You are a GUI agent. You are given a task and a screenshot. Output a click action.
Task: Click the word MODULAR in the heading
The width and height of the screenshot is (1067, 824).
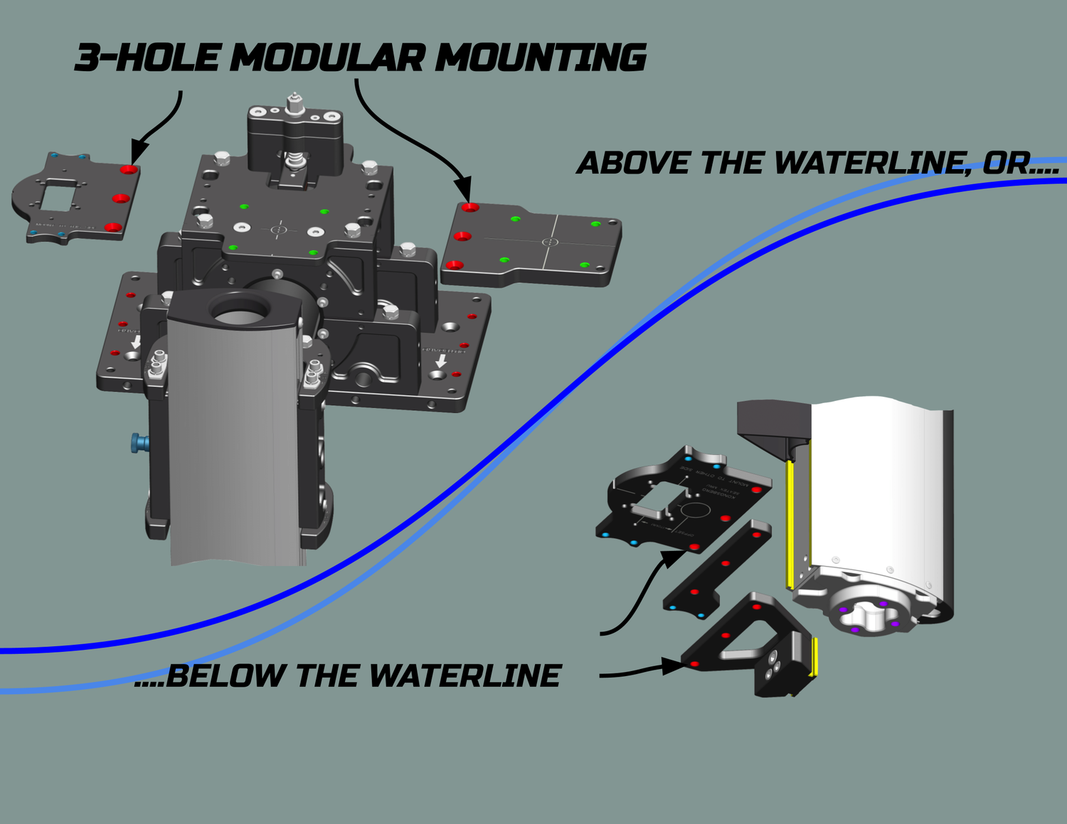tap(328, 58)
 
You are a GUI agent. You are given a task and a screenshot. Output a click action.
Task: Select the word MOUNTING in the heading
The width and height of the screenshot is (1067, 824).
tap(540, 58)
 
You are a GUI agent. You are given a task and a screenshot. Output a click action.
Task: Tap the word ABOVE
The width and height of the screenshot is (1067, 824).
tap(633, 164)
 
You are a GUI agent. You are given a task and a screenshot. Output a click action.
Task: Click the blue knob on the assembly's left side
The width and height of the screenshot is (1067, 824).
tap(139, 444)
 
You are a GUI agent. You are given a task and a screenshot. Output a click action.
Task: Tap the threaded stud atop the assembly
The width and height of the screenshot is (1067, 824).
tap(294, 103)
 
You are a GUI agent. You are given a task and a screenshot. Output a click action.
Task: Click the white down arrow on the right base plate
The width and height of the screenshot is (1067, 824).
tap(441, 361)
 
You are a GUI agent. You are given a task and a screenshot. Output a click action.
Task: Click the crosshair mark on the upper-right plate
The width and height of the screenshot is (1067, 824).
tap(551, 242)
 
